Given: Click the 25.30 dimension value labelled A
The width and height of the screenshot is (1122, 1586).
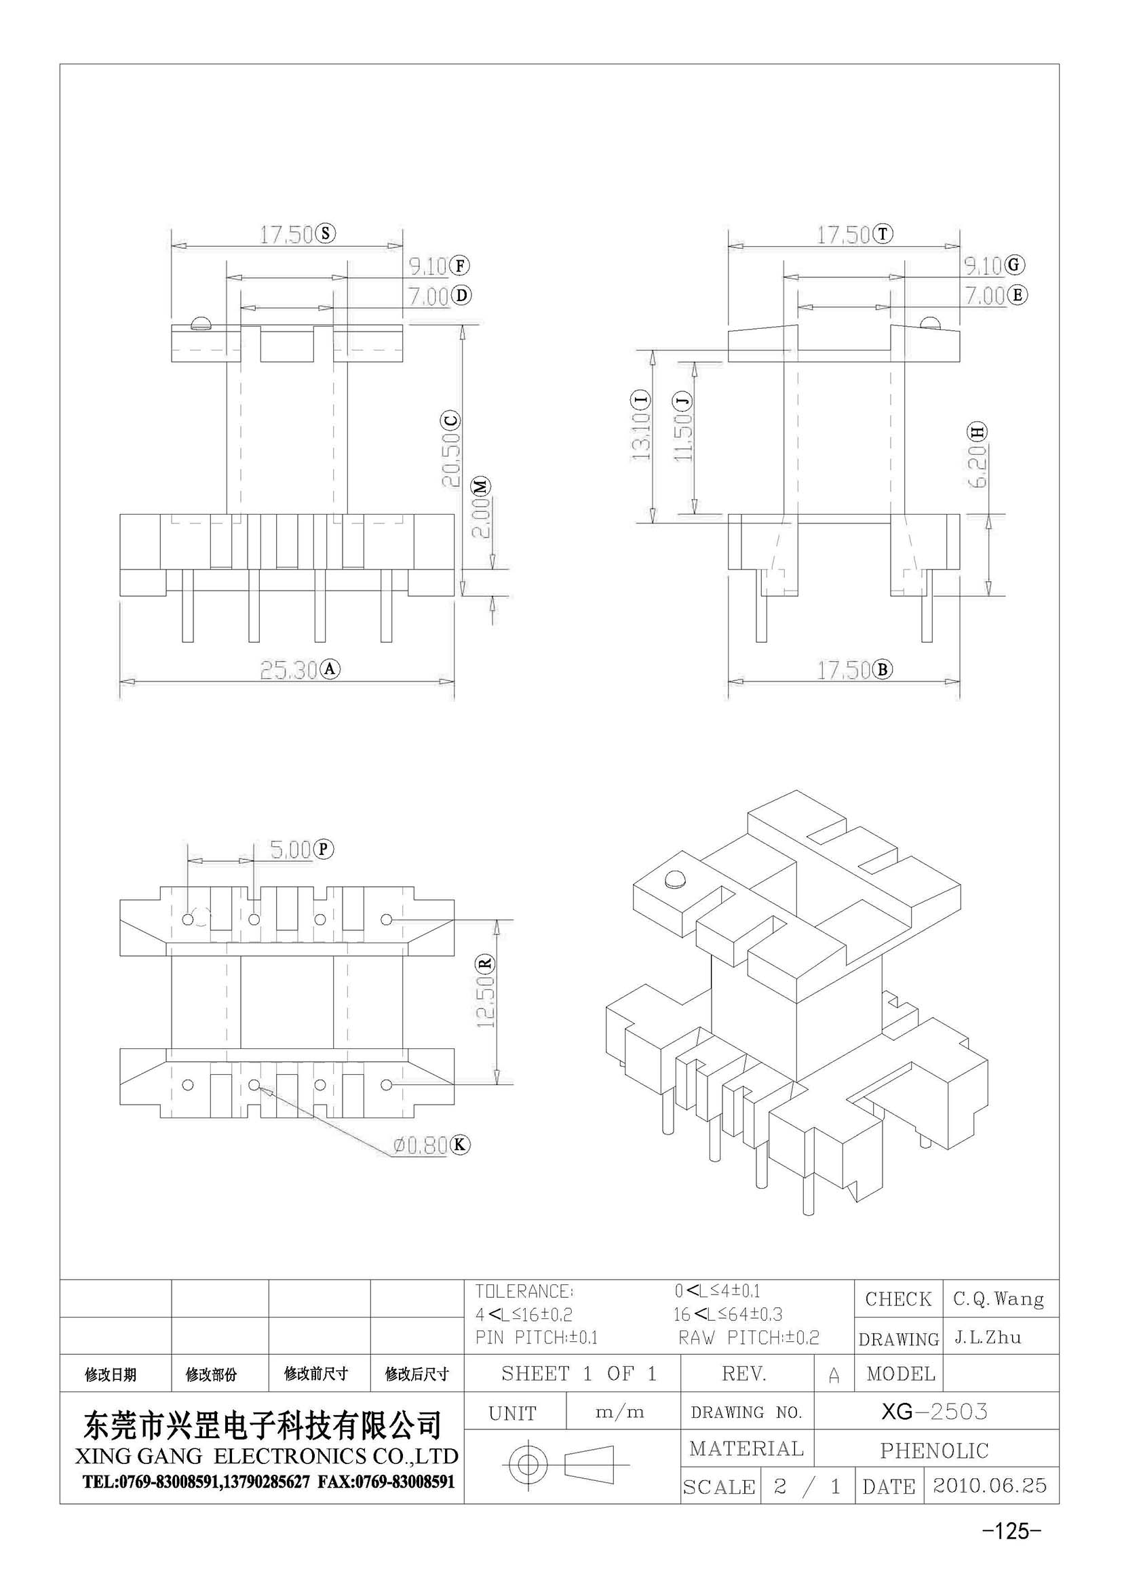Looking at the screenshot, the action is (x=289, y=669).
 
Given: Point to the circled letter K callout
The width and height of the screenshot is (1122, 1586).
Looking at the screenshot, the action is (x=460, y=1145).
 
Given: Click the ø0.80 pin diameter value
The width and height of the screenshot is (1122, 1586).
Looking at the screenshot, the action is (x=421, y=1145).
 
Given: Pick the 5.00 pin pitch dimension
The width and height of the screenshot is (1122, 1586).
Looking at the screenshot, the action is (x=291, y=850).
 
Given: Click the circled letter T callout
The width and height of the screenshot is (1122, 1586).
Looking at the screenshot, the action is (x=883, y=234).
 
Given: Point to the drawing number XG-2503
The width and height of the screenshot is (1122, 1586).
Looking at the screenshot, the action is (x=934, y=1411).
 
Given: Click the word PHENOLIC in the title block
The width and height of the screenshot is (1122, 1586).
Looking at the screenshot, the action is (x=934, y=1450).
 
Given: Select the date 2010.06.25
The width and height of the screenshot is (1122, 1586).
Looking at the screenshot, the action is (x=989, y=1486).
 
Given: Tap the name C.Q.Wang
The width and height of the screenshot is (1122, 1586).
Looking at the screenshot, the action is (x=999, y=1299).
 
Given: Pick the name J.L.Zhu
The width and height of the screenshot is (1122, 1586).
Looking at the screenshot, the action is (x=988, y=1338).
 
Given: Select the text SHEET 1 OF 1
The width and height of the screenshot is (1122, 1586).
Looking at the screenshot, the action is (x=579, y=1373).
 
